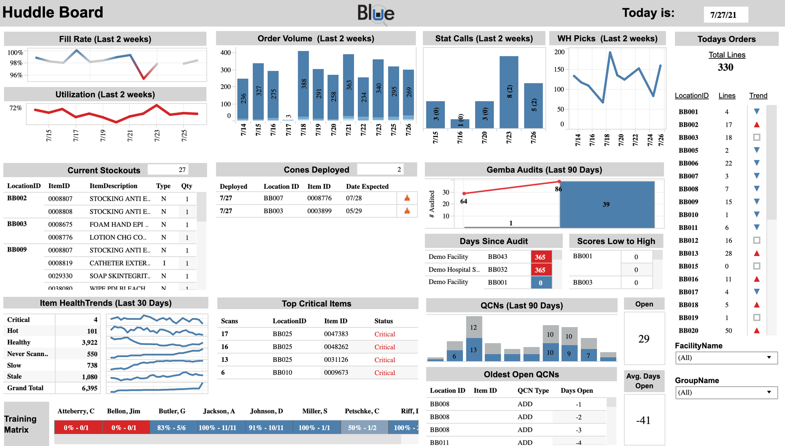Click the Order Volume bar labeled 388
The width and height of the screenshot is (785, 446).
tap(303, 85)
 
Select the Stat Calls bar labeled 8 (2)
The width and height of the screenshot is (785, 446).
tap(509, 92)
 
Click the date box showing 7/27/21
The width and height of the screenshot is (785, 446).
tap(726, 15)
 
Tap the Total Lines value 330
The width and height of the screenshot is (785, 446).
tap(726, 67)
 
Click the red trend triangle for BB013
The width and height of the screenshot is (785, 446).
tap(757, 253)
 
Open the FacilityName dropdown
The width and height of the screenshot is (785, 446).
tap(726, 358)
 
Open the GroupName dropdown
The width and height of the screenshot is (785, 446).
tap(726, 392)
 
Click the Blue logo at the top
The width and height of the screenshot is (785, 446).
tap(376, 13)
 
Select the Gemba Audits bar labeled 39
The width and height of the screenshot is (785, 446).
tap(607, 204)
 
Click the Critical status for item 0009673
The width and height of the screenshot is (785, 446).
tap(384, 372)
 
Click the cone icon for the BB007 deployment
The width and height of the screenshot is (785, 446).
tap(407, 198)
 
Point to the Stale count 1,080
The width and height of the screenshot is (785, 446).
tap(90, 377)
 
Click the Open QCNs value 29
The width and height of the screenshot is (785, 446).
tap(644, 339)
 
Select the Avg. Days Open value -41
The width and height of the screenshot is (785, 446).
tap(644, 420)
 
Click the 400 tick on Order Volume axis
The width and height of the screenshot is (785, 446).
tap(226, 53)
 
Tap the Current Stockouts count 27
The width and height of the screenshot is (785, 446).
tap(182, 170)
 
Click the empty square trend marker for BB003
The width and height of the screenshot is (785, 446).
tap(757, 138)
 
